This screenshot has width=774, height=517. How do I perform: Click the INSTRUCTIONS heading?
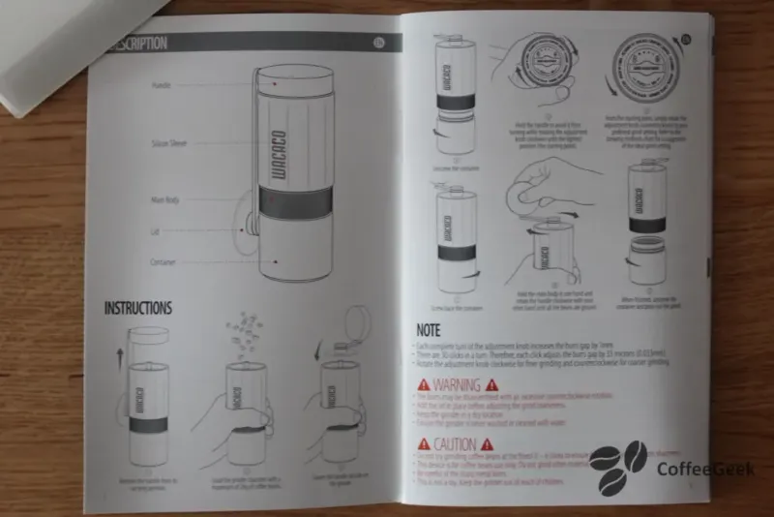pos(138,308)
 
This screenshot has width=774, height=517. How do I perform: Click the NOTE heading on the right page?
pos(428,329)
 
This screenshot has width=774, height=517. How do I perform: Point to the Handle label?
pos(162,86)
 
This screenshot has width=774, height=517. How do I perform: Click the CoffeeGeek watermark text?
pos(705,470)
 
